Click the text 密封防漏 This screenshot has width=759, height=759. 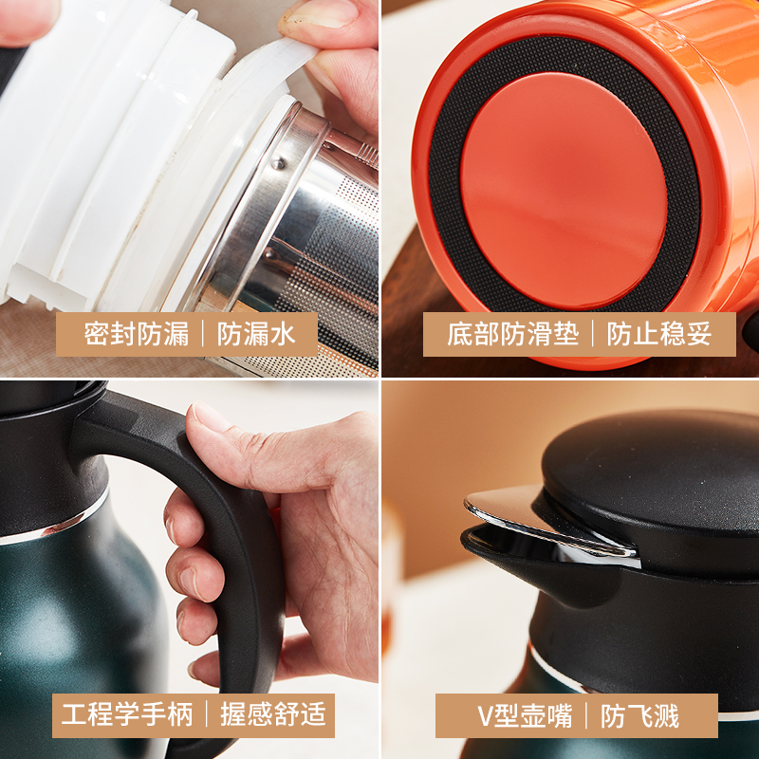click(x=137, y=334)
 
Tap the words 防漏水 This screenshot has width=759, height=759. click(x=256, y=334)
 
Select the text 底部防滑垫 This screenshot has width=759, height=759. click(x=513, y=334)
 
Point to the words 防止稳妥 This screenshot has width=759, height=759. click(x=659, y=334)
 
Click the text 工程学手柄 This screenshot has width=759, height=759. click(x=127, y=714)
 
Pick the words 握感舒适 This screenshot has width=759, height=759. click(x=273, y=714)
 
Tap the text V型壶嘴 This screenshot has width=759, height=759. click(x=526, y=715)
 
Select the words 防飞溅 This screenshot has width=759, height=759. click(x=639, y=715)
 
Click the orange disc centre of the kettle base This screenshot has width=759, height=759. click(x=564, y=191)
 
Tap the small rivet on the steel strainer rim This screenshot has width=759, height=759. click(x=278, y=164)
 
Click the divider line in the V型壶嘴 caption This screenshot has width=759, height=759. click(x=586, y=715)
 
